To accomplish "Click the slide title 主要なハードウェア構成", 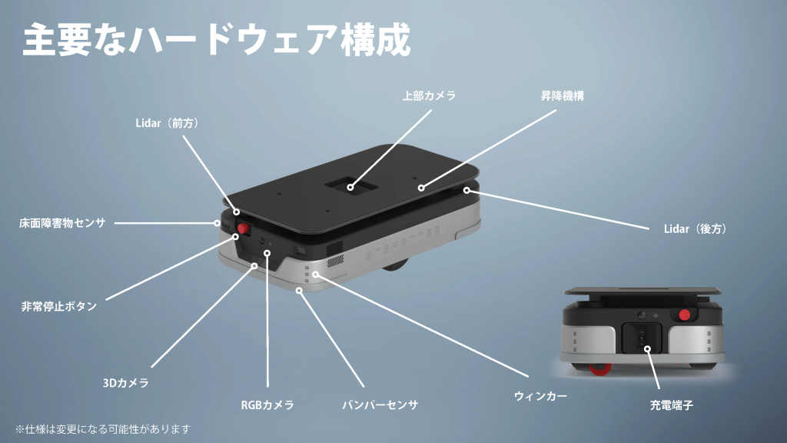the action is (x=217, y=39).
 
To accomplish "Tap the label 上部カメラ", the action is (x=429, y=95).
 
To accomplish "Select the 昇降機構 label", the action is (x=562, y=95).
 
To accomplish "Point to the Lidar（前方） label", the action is (x=168, y=123).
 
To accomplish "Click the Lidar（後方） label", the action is (x=696, y=229).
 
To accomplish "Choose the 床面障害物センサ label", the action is (x=63, y=222).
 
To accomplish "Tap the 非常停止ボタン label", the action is (x=59, y=306).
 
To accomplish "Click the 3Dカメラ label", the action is (x=126, y=383).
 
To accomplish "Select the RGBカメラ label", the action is (x=267, y=405).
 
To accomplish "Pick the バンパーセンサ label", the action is (x=380, y=405).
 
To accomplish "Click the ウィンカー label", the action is (x=540, y=396).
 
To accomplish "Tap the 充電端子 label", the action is (x=672, y=405).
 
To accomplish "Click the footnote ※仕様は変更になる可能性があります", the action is (x=103, y=429).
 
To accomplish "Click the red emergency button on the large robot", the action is (x=244, y=229).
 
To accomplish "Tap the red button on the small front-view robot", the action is (x=684, y=315).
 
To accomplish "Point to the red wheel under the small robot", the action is (x=599, y=369).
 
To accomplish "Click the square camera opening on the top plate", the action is (x=350, y=185).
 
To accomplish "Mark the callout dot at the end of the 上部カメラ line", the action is (x=350, y=188).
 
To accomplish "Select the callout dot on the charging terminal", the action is (x=647, y=348).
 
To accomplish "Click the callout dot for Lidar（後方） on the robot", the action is (x=467, y=191).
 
